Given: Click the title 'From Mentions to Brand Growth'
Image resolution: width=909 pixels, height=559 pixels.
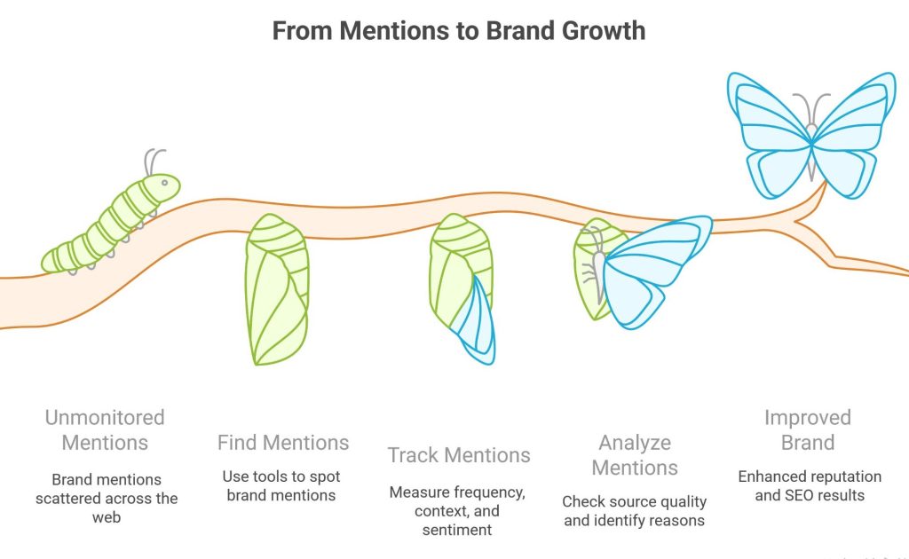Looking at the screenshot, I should [x=458, y=30].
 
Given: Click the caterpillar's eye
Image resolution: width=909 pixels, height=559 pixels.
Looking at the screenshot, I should [x=164, y=183].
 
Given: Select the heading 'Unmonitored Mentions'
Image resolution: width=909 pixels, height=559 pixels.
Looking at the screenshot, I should [x=106, y=429].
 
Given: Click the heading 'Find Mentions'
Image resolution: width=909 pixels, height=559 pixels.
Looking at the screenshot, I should [x=283, y=442].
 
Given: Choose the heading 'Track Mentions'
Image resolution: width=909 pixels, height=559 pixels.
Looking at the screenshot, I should [x=459, y=456].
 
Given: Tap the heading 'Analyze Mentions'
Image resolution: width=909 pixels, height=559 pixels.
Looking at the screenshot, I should [x=634, y=454].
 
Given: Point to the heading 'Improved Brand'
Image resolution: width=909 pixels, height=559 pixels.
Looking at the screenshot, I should [x=808, y=429].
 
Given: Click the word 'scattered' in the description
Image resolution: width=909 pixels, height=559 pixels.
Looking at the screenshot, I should [x=70, y=498].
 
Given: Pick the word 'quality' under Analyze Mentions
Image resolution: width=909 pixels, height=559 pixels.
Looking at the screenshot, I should [x=677, y=501].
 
